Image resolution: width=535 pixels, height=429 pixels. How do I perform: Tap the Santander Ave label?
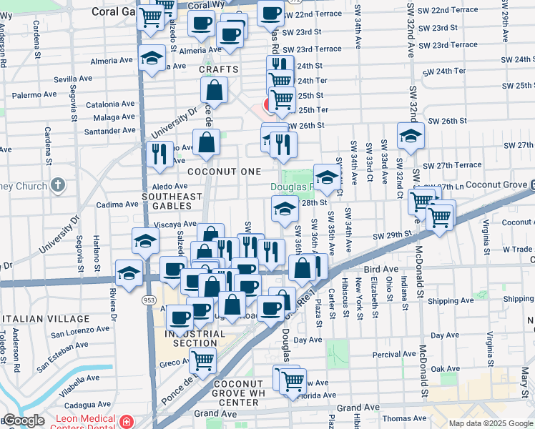[110, 132]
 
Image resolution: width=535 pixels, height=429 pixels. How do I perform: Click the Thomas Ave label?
[404, 419]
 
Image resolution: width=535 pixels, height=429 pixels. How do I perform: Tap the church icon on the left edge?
[59, 186]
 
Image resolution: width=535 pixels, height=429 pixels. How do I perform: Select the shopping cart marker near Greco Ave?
[204, 360]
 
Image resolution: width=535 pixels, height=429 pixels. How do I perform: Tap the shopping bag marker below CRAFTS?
[214, 90]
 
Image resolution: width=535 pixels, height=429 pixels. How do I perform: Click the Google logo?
[24, 420]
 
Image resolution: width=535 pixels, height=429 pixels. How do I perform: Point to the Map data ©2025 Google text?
[490, 423]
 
